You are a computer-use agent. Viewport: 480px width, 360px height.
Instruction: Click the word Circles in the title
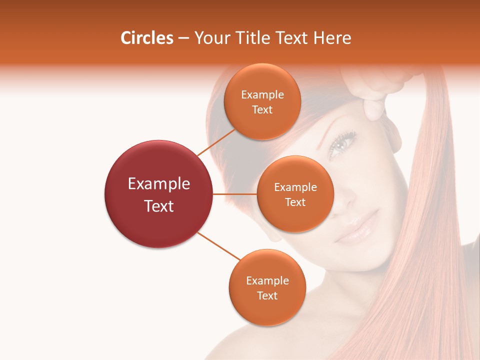[147, 38]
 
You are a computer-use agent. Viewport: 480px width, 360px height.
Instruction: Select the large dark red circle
[158, 194]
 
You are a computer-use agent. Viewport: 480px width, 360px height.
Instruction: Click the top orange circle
[262, 101]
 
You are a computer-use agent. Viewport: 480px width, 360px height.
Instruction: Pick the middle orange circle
[295, 194]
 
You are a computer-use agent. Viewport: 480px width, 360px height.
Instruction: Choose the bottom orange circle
[267, 287]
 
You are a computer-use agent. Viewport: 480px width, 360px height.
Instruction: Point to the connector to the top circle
[216, 141]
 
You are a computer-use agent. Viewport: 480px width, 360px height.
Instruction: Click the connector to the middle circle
[234, 194]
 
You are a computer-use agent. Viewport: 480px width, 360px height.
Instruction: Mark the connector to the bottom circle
[219, 246]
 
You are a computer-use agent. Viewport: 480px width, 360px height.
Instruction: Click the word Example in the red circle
[158, 184]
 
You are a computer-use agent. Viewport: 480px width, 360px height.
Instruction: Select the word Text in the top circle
[262, 110]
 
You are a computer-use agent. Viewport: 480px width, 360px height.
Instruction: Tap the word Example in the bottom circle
[267, 280]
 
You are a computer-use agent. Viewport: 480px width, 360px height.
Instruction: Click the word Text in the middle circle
[295, 202]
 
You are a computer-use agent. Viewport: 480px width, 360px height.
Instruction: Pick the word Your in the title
[210, 38]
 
